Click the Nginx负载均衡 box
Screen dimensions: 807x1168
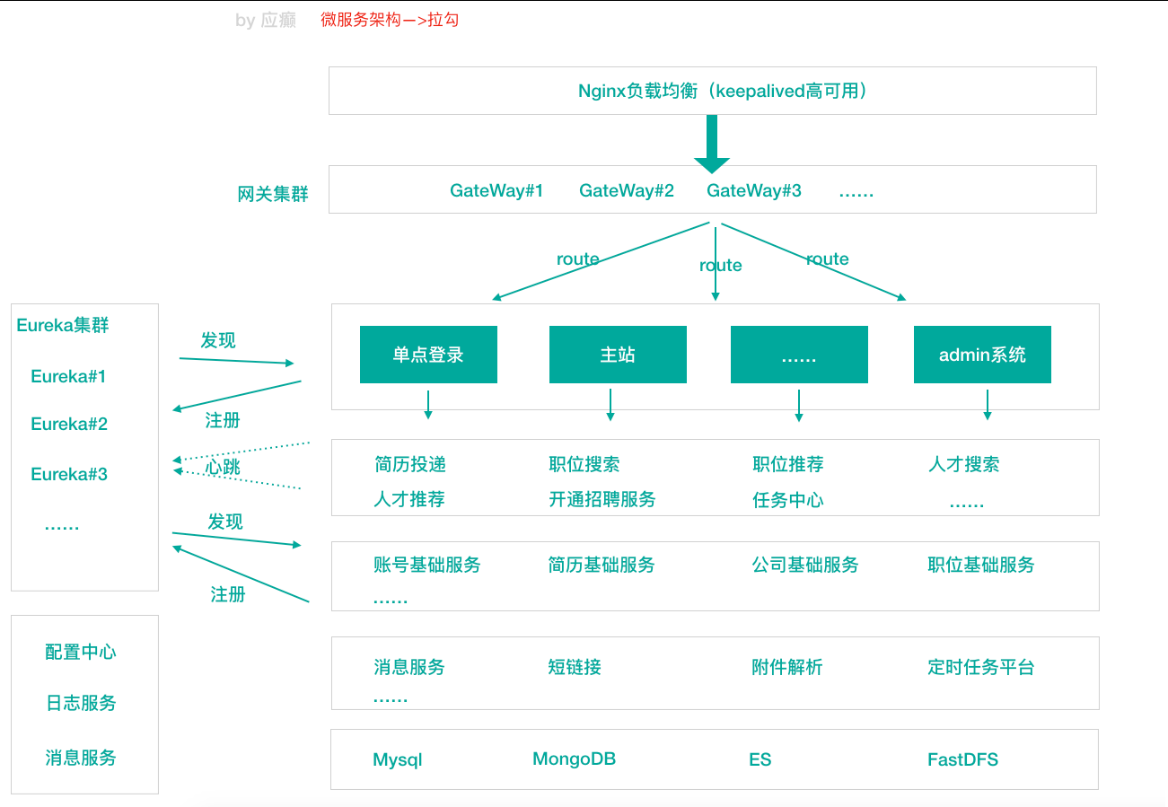pyautogui.click(x=712, y=91)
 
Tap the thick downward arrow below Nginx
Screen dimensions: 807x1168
pyautogui.click(x=712, y=144)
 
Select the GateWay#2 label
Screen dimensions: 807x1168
pyautogui.click(x=627, y=190)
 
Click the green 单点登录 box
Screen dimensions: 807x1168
pyautogui.click(x=428, y=355)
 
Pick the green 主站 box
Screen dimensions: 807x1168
pyautogui.click(x=618, y=355)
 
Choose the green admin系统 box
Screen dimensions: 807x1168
pyautogui.click(x=982, y=355)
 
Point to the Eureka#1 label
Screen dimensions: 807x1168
pyautogui.click(x=68, y=376)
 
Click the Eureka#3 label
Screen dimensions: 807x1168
pyautogui.click(x=69, y=474)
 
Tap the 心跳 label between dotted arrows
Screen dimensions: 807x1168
pyautogui.click(x=223, y=467)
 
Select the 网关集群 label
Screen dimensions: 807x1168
pyautogui.click(x=273, y=194)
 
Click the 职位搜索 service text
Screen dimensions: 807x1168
pyautogui.click(x=584, y=464)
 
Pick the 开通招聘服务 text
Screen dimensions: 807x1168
pyautogui.click(x=602, y=499)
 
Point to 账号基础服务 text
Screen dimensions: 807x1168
pyautogui.click(x=427, y=565)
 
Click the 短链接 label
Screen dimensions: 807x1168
pyautogui.click(x=575, y=667)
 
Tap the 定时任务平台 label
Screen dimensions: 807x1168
pyautogui.click(x=981, y=667)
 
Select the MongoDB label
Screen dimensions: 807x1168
pyautogui.click(x=575, y=759)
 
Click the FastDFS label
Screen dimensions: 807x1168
pyautogui.click(x=962, y=759)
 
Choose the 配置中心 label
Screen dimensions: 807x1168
pyautogui.click(x=81, y=652)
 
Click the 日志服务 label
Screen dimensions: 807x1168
pyautogui.click(x=81, y=703)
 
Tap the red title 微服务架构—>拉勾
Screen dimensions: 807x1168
pyautogui.click(x=390, y=20)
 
